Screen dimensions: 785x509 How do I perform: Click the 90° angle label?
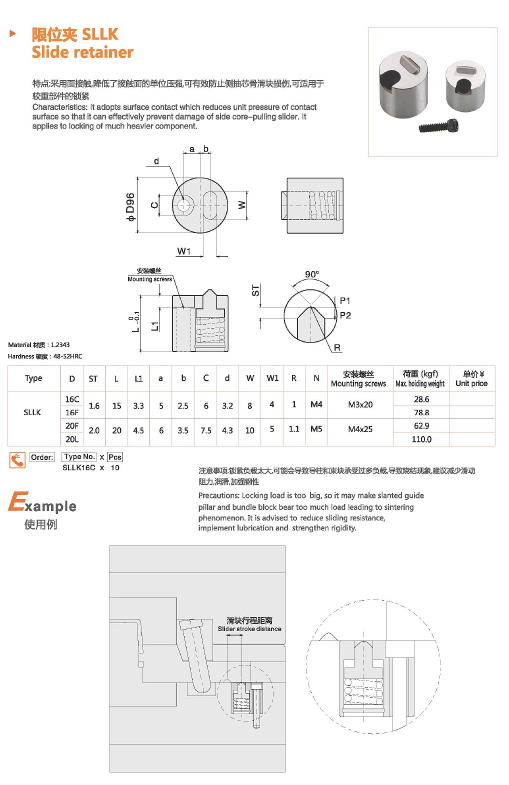tap(311, 274)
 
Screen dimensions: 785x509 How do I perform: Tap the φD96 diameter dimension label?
tap(130, 206)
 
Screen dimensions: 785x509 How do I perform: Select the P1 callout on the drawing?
tap(345, 300)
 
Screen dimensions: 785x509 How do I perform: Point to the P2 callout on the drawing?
tap(345, 315)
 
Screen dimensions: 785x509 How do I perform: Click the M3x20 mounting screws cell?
tap(360, 404)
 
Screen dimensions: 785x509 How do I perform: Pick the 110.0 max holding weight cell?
tap(421, 439)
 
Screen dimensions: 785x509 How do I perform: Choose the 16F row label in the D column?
tap(72, 412)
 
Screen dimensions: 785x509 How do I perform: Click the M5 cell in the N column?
tap(316, 429)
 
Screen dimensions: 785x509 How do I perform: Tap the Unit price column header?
tap(471, 383)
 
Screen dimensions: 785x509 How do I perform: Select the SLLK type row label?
tap(32, 412)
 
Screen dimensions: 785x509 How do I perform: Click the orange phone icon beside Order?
tap(17, 459)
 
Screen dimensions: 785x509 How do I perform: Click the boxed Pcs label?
tap(115, 457)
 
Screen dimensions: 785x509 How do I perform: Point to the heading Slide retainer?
tap(82, 52)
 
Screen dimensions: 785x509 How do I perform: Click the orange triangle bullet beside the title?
tap(13, 34)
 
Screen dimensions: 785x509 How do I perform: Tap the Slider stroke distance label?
tap(249, 628)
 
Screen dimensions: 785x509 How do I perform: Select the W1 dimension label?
tap(183, 251)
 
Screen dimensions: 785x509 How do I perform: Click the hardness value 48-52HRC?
tap(67, 356)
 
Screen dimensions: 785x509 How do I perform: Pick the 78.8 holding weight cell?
tap(421, 412)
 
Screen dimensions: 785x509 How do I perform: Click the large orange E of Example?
tap(17, 501)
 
